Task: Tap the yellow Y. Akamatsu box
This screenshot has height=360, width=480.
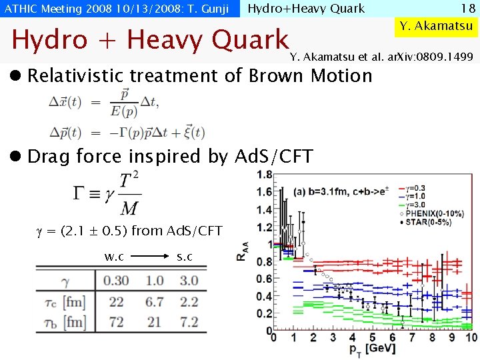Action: pos(436,26)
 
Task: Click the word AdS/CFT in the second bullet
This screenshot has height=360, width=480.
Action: pos(274,157)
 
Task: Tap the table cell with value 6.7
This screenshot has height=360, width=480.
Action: pos(155,302)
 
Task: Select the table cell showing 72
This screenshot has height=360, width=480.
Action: pos(117,322)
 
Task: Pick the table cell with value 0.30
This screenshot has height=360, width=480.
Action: pos(117,281)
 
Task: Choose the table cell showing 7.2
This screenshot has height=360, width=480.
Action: pos(189,322)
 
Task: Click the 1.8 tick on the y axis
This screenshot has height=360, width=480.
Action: pos(265,175)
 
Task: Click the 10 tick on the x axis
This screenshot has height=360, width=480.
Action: pos(471,337)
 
